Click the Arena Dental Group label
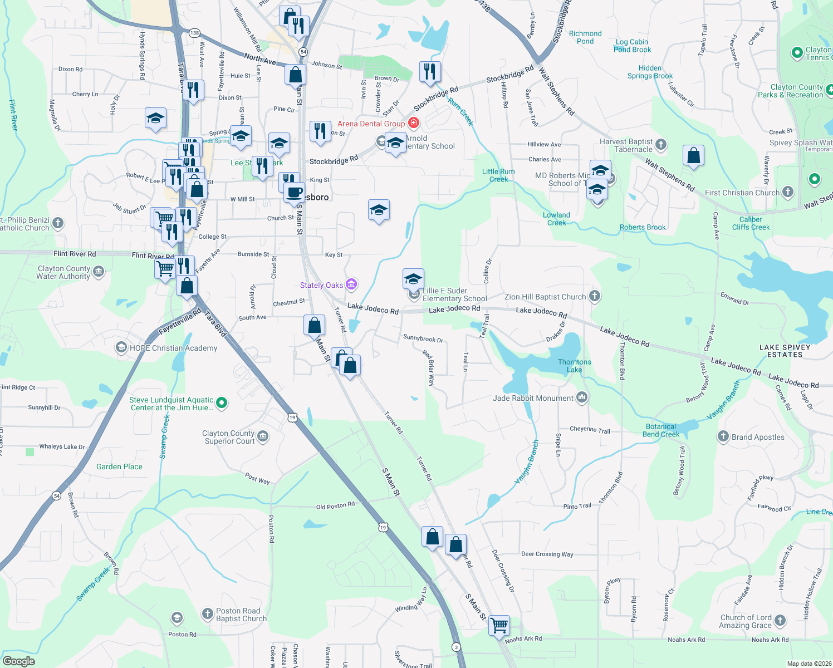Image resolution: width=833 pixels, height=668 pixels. tap(371, 124)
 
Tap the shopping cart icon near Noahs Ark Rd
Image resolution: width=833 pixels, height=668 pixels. tap(499, 625)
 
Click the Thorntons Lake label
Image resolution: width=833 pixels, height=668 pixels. tap(575, 366)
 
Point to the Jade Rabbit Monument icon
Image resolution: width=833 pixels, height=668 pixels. tap(582, 397)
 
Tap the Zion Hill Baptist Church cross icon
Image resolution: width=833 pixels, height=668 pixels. tap(595, 296)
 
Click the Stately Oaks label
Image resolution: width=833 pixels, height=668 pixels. tap(321, 285)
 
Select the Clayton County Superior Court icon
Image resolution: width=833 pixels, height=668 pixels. tap(263, 436)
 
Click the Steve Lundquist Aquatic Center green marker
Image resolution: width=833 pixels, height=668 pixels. tap(222, 402)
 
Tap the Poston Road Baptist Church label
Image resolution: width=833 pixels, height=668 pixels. tap(241, 615)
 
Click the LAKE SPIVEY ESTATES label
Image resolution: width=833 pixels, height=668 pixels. tap(785, 351)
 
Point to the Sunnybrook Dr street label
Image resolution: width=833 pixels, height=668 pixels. tap(423, 338)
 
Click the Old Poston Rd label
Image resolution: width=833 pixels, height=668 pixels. tap(335, 506)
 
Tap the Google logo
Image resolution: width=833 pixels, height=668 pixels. tap(19, 661)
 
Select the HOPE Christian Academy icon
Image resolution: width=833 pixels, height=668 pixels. tap(121, 348)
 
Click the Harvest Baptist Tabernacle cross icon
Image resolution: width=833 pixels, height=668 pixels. tap(661, 145)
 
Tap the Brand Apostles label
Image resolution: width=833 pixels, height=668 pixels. tap(758, 437)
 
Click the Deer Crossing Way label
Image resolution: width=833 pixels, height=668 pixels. tap(547, 554)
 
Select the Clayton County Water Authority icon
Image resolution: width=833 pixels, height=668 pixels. tap(99, 272)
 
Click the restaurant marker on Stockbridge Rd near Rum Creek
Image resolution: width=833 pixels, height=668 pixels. tap(430, 72)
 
